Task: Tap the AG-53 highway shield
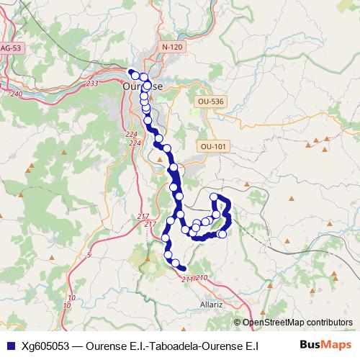[x=12, y=48]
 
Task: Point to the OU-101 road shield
[x=214, y=147]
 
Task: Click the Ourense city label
[x=143, y=86]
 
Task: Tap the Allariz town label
[x=213, y=305]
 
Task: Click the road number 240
[x=17, y=94]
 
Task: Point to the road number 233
[x=91, y=84]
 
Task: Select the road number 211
[x=187, y=279]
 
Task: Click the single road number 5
[x=89, y=255]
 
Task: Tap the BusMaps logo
[x=325, y=346]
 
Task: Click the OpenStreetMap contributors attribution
[x=297, y=323]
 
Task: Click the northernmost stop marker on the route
[x=132, y=71]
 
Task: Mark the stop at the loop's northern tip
[x=214, y=197]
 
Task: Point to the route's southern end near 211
[x=183, y=269]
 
